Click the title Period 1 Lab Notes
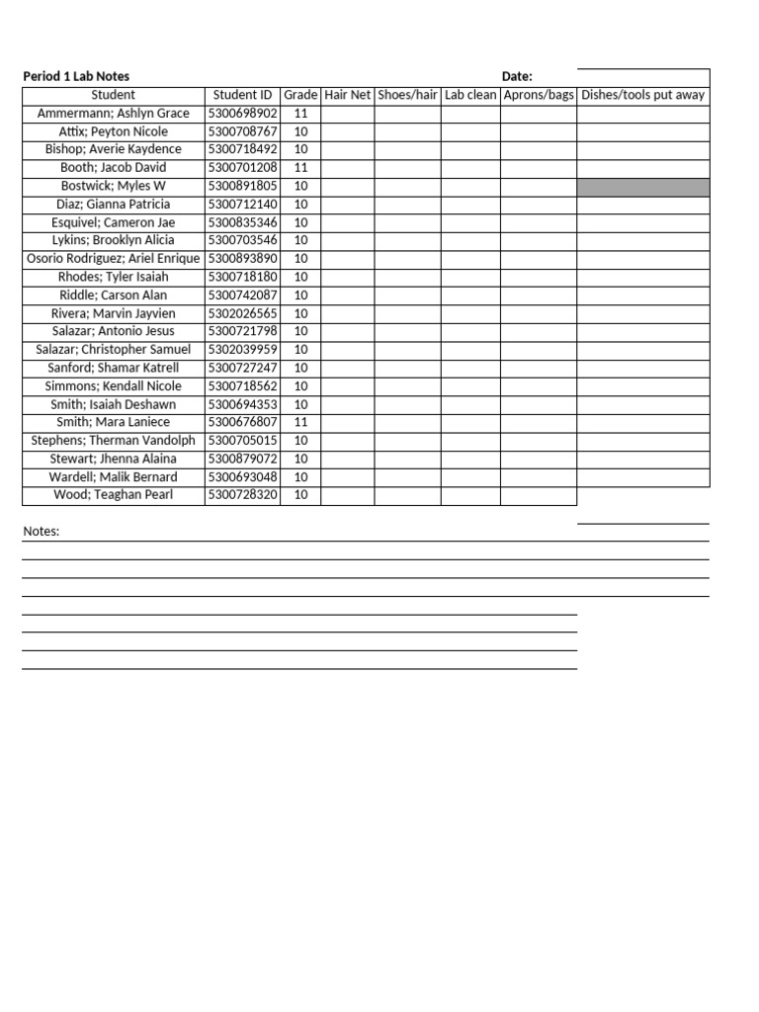(x=76, y=77)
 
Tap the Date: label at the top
(x=517, y=77)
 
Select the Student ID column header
(x=242, y=95)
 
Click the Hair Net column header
(x=347, y=95)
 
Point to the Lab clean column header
(x=470, y=95)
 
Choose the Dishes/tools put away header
(x=642, y=95)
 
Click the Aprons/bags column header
(x=538, y=95)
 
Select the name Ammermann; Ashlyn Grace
(x=113, y=114)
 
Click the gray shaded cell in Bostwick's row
(x=642, y=187)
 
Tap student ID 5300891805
(x=242, y=186)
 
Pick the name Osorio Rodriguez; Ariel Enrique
(x=113, y=259)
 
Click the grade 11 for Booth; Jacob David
(x=300, y=168)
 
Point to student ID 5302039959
(x=242, y=350)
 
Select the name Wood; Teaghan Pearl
(x=113, y=495)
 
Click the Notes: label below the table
(x=42, y=532)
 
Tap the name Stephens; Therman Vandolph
(x=113, y=441)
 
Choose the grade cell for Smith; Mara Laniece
(x=300, y=422)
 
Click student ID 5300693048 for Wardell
(x=242, y=477)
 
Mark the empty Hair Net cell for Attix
(x=347, y=131)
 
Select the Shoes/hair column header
(x=407, y=95)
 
